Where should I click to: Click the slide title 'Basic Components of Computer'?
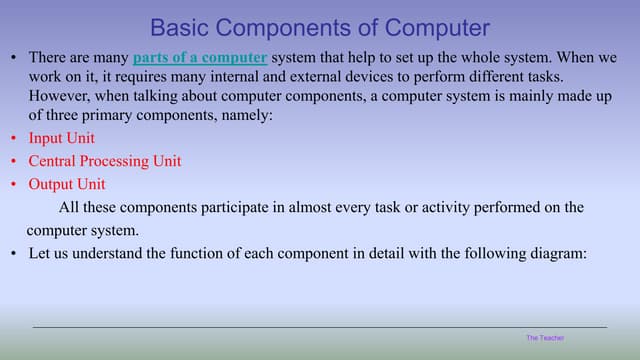(320, 27)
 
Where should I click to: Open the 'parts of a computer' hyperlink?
(199, 58)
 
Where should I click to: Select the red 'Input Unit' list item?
(61, 138)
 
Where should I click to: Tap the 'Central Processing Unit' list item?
(104, 161)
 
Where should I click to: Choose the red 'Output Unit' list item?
(66, 184)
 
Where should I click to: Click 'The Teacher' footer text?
(545, 338)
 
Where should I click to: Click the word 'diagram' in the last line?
(557, 254)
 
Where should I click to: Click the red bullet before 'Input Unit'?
(13, 139)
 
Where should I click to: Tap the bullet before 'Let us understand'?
(13, 254)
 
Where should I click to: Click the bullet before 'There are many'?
(13, 58)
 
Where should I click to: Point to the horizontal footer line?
(320, 327)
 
